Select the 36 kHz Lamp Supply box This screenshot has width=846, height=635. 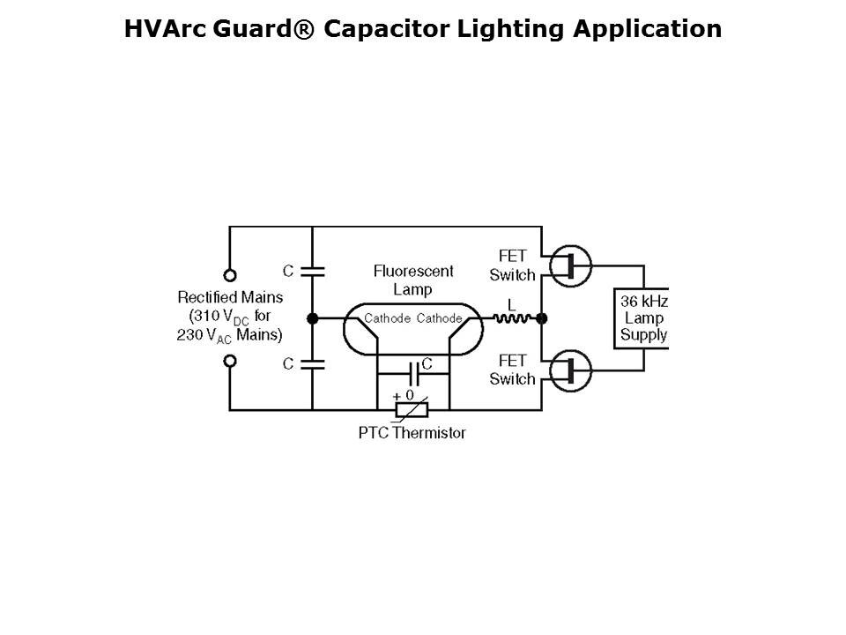643,317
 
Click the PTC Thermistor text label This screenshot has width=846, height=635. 412,433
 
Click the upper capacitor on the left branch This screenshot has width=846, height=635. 312,271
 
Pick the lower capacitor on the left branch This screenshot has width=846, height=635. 312,363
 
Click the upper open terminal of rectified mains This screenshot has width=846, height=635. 230,275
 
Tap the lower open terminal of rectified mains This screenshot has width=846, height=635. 230,360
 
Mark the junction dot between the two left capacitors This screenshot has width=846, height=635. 312,317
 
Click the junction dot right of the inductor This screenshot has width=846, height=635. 541,317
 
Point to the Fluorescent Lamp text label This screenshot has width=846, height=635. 413,280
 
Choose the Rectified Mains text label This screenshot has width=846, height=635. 231,297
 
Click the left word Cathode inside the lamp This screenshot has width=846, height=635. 387,318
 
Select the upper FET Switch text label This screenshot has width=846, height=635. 512,265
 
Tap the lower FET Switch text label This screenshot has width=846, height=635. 512,370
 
